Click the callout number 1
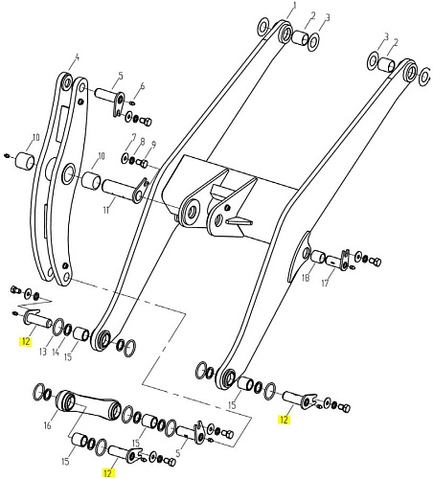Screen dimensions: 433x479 click(x=294, y=6)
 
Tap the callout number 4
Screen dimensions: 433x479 click(x=77, y=57)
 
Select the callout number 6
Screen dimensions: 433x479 click(x=143, y=85)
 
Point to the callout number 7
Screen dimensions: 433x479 click(x=134, y=139)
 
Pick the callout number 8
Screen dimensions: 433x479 click(x=143, y=141)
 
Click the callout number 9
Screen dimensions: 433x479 click(x=153, y=145)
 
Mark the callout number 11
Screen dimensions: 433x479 click(x=106, y=211)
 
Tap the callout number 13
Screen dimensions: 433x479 click(x=43, y=352)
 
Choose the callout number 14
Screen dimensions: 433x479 click(x=56, y=353)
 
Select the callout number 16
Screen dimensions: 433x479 click(x=47, y=425)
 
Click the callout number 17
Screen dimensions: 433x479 click(x=325, y=283)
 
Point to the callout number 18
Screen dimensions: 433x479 click(x=306, y=278)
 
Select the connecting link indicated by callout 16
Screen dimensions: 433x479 click(x=88, y=405)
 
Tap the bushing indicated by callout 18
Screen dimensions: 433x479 click(x=318, y=257)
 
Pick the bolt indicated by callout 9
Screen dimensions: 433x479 click(x=142, y=163)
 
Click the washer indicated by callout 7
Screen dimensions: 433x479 click(x=125, y=157)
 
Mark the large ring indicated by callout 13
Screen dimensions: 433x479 click(x=57, y=327)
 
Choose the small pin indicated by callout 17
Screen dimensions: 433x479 click(x=334, y=262)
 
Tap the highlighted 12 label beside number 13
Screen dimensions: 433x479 click(x=26, y=341)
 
